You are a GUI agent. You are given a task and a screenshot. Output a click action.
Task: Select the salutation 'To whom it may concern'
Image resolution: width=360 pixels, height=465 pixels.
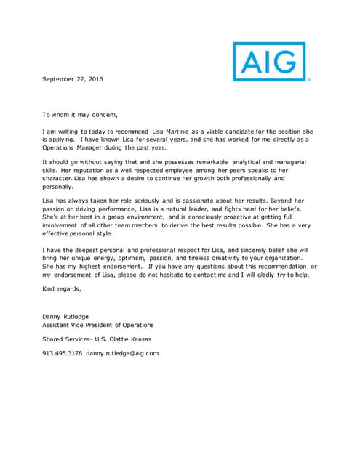point(80,114)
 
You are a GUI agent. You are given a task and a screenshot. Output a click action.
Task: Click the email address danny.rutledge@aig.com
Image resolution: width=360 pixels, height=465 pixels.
point(121,353)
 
